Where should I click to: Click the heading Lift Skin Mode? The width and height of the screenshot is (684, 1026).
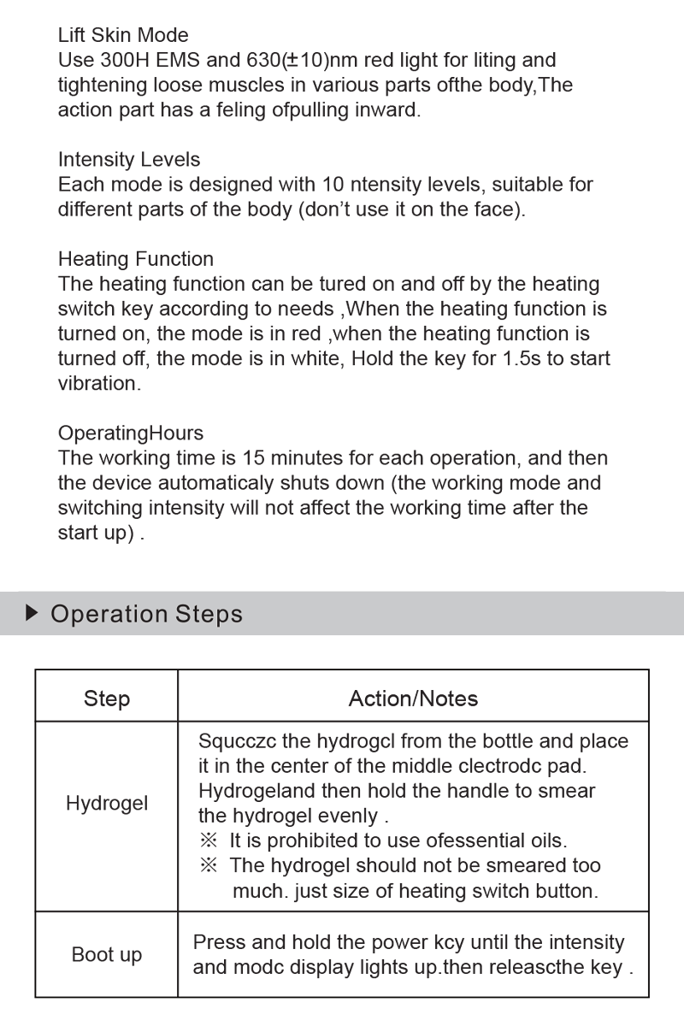pos(123,35)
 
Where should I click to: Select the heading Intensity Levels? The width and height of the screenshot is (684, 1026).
pos(129,159)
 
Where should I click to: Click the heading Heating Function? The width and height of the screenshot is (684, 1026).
pos(135,258)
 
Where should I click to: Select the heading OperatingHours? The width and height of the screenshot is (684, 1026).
pos(130,433)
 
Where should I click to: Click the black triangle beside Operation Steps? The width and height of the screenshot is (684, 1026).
pos(32,613)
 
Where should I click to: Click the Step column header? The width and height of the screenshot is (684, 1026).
pos(107,699)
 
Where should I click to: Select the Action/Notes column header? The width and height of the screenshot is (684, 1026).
pos(413,699)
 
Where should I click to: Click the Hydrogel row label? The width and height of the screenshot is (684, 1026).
pos(107,804)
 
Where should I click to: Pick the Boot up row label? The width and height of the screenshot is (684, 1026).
pos(107,954)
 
